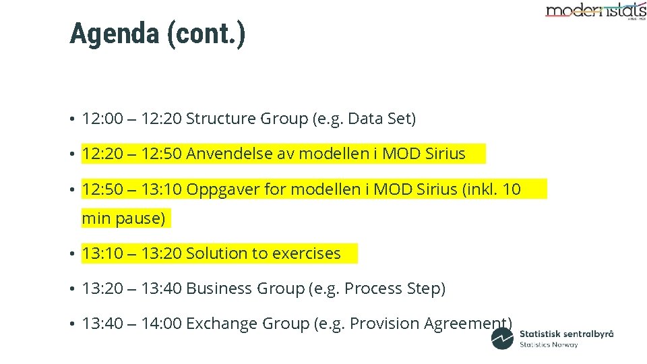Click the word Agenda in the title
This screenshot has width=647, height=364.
coord(114,34)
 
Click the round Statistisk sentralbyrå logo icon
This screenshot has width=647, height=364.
coord(502,338)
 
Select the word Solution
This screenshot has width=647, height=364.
coord(218,254)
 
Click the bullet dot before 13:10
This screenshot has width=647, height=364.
coord(71,255)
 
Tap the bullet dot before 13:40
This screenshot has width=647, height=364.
coord(71,325)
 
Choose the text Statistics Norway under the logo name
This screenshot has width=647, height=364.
coord(549,344)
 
